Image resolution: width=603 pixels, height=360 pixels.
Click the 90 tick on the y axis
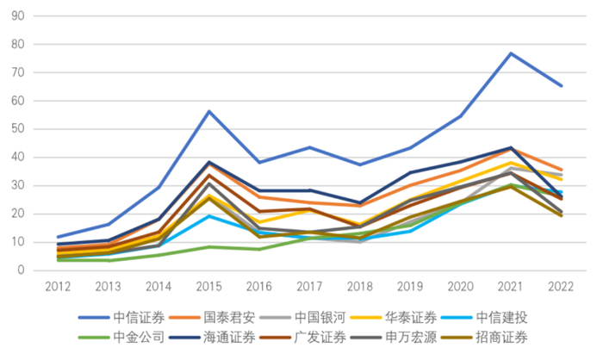pyautogui.click(x=17, y=16)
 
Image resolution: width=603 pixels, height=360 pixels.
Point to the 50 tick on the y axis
pyautogui.click(x=17, y=129)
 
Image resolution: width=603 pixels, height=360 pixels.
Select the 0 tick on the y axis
pyautogui.click(x=21, y=270)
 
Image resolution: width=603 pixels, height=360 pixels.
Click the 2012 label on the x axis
pyautogui.click(x=59, y=286)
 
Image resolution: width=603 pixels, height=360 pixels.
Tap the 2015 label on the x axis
pyautogui.click(x=208, y=286)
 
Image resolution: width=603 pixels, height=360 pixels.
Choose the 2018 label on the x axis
pyautogui.click(x=359, y=286)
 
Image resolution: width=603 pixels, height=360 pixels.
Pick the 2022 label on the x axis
pyautogui.click(x=560, y=286)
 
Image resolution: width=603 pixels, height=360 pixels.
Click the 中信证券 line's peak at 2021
pyautogui.click(x=510, y=53)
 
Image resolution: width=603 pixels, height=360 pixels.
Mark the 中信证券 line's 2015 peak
pyautogui.click(x=208, y=111)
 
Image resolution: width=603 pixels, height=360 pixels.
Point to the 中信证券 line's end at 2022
pyautogui.click(x=560, y=86)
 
